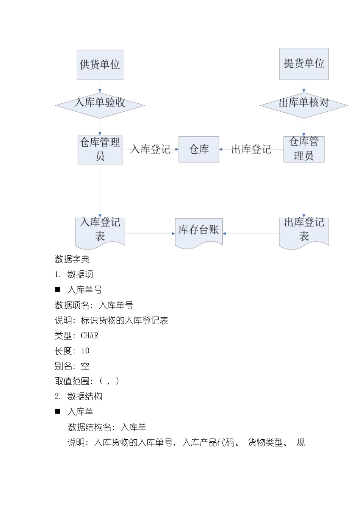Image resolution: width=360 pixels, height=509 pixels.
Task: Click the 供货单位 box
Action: pyautogui.click(x=100, y=65)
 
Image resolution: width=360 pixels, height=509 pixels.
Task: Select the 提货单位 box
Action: pyautogui.click(x=304, y=64)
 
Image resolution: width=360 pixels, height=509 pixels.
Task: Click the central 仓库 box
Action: pyautogui.click(x=199, y=150)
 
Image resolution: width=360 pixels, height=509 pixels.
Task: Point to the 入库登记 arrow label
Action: pyautogui.click(x=150, y=150)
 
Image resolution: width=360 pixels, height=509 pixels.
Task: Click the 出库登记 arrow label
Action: pyautogui.click(x=251, y=150)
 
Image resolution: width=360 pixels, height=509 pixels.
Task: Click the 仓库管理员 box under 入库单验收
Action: pyautogui.click(x=100, y=150)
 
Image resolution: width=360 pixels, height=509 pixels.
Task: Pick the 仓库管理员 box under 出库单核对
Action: pyautogui.click(x=304, y=149)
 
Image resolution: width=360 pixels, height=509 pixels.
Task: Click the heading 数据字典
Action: pyautogui.click(x=72, y=259)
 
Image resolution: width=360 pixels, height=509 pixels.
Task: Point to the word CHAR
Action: pyautogui.click(x=89, y=336)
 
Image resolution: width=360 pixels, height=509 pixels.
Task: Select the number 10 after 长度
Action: pyautogui.click(x=85, y=351)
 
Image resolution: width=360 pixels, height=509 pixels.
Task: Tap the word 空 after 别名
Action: pyautogui.click(x=85, y=366)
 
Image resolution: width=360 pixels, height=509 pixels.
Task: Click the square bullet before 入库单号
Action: pyautogui.click(x=58, y=290)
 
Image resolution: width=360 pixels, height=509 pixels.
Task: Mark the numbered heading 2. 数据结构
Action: pyautogui.click(x=78, y=397)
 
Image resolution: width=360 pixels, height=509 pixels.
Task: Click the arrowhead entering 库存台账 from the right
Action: pyautogui.click(x=224, y=234)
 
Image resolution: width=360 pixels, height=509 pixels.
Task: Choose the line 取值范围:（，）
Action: pyautogui.click(x=87, y=381)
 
